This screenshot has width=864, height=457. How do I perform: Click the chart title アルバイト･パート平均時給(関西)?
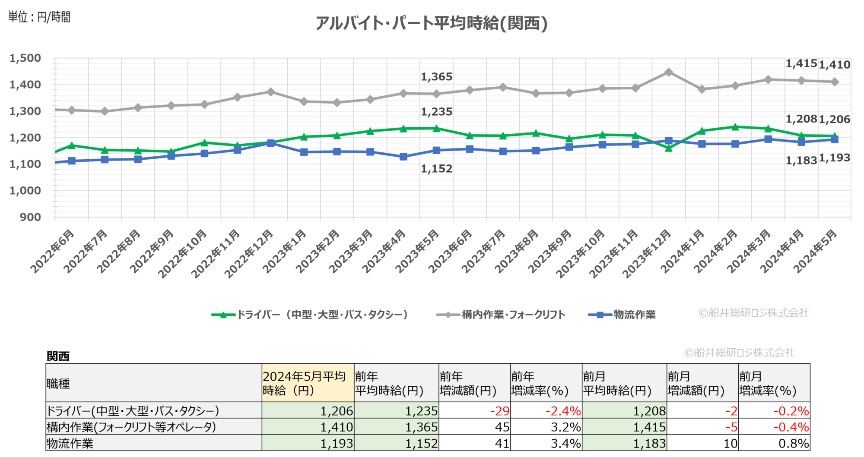431,23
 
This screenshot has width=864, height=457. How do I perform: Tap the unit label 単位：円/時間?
39,17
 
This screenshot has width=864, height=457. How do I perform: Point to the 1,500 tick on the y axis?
25,58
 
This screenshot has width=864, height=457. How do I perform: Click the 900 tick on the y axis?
30,217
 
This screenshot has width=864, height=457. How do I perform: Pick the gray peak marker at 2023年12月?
668,72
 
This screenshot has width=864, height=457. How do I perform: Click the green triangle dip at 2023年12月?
668,148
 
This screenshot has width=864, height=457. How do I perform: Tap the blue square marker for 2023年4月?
403,157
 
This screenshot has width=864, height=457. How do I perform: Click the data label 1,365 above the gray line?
436,77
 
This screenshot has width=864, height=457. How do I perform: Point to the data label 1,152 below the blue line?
436,169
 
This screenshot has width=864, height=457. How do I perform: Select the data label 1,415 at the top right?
801,64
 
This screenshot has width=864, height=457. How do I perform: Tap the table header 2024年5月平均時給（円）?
307,383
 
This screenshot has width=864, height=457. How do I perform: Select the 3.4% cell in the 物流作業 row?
565,443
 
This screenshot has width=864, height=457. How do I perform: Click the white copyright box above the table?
740,352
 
